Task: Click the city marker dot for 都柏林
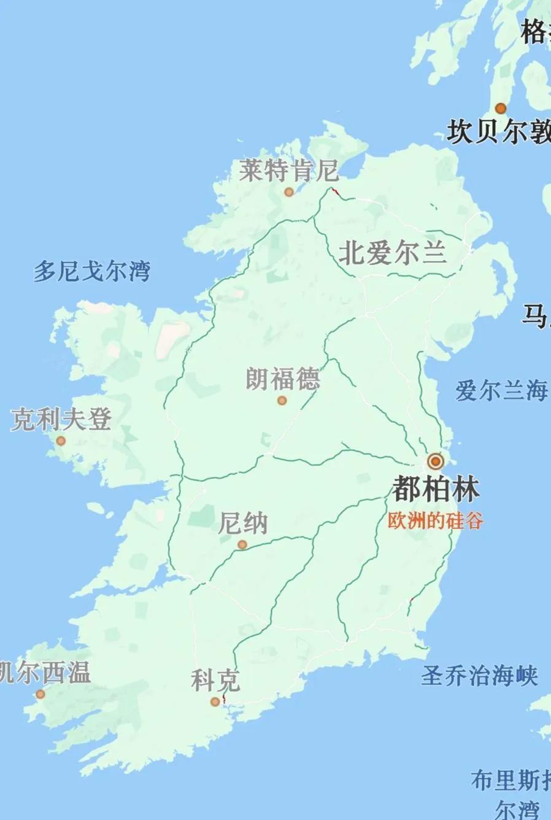click(x=436, y=461)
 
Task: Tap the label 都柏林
click(x=436, y=489)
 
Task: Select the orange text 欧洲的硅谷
click(x=436, y=520)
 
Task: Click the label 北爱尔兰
click(x=393, y=253)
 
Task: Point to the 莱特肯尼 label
click(x=288, y=170)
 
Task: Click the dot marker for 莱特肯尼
click(x=288, y=192)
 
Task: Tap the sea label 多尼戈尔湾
click(x=91, y=271)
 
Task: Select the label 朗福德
click(x=283, y=379)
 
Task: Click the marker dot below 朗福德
click(x=282, y=401)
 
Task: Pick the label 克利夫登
click(x=61, y=420)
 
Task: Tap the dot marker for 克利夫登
click(x=61, y=441)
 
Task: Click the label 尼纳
click(x=243, y=524)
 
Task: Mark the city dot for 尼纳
click(x=242, y=544)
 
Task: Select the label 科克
click(x=215, y=681)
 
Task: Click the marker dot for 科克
click(x=215, y=702)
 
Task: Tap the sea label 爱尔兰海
click(x=501, y=390)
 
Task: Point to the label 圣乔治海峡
click(x=479, y=676)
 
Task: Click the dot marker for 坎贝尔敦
click(x=501, y=109)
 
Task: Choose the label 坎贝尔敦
click(x=498, y=131)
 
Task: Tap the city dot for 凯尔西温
click(x=40, y=694)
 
